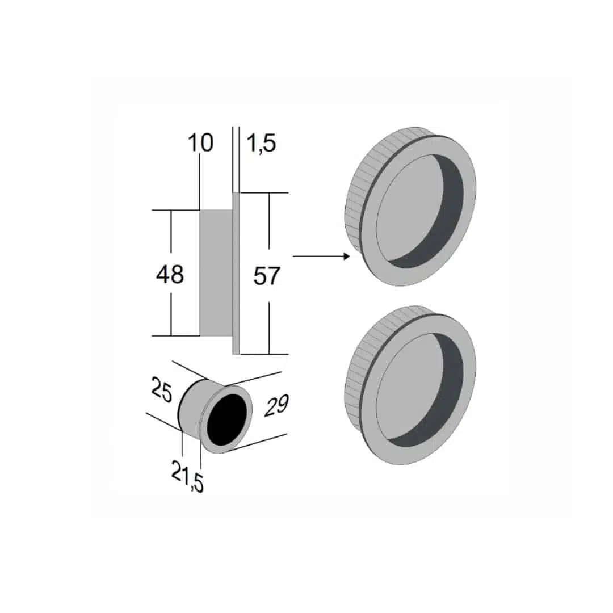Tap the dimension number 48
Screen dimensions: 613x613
[x=170, y=275]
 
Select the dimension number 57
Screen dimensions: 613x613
[x=267, y=276]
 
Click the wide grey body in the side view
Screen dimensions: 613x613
[x=216, y=272]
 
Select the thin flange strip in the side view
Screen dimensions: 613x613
[x=236, y=272]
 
